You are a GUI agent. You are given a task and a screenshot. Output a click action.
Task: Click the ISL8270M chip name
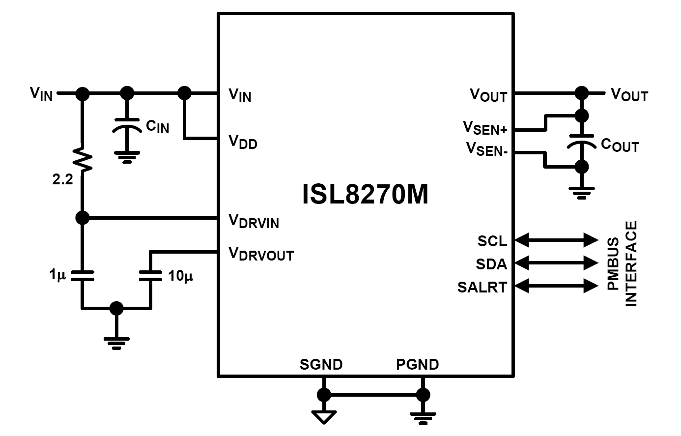tap(365, 194)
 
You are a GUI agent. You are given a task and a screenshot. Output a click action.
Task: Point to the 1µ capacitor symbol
tap(83, 275)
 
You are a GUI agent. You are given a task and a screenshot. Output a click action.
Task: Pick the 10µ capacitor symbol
tap(150, 275)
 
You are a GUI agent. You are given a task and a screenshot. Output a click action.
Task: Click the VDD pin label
tap(243, 142)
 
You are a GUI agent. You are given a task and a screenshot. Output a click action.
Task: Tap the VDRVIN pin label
tap(254, 221)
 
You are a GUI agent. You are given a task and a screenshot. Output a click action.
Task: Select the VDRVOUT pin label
tap(261, 254)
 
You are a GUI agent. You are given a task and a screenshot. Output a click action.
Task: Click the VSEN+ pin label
tap(485, 128)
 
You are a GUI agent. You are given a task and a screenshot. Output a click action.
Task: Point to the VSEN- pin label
tap(487, 149)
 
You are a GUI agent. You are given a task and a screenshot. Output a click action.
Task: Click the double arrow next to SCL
tap(556, 240)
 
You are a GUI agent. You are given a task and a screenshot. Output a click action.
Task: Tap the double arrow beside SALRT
tap(556, 286)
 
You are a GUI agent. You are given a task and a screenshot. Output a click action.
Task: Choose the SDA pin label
tap(492, 264)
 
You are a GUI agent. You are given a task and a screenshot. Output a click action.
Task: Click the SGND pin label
tap(321, 364)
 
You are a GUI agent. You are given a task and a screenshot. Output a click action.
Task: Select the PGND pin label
tap(418, 364)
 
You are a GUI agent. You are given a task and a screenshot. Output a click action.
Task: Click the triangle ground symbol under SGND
tap(324, 417)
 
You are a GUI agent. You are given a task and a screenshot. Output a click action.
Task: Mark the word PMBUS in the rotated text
tap(613, 263)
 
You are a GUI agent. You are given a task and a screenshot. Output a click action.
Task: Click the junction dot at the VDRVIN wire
tap(83, 218)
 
